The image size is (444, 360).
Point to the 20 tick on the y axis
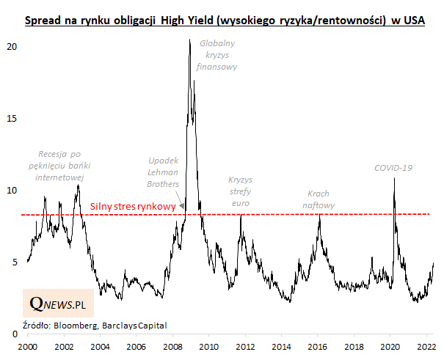12,46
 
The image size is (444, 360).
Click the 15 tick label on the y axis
12,118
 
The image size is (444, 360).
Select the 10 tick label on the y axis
12,190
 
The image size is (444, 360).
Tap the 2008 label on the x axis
171,346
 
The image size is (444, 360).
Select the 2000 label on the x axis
28,346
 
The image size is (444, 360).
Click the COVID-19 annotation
393,168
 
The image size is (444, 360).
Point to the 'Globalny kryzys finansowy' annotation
219,54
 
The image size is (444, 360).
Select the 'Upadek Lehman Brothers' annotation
164,171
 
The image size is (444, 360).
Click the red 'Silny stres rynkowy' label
133,207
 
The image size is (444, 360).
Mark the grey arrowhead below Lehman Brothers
182,208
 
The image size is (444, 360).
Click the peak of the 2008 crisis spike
190,40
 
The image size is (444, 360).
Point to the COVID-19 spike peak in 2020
395,178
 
